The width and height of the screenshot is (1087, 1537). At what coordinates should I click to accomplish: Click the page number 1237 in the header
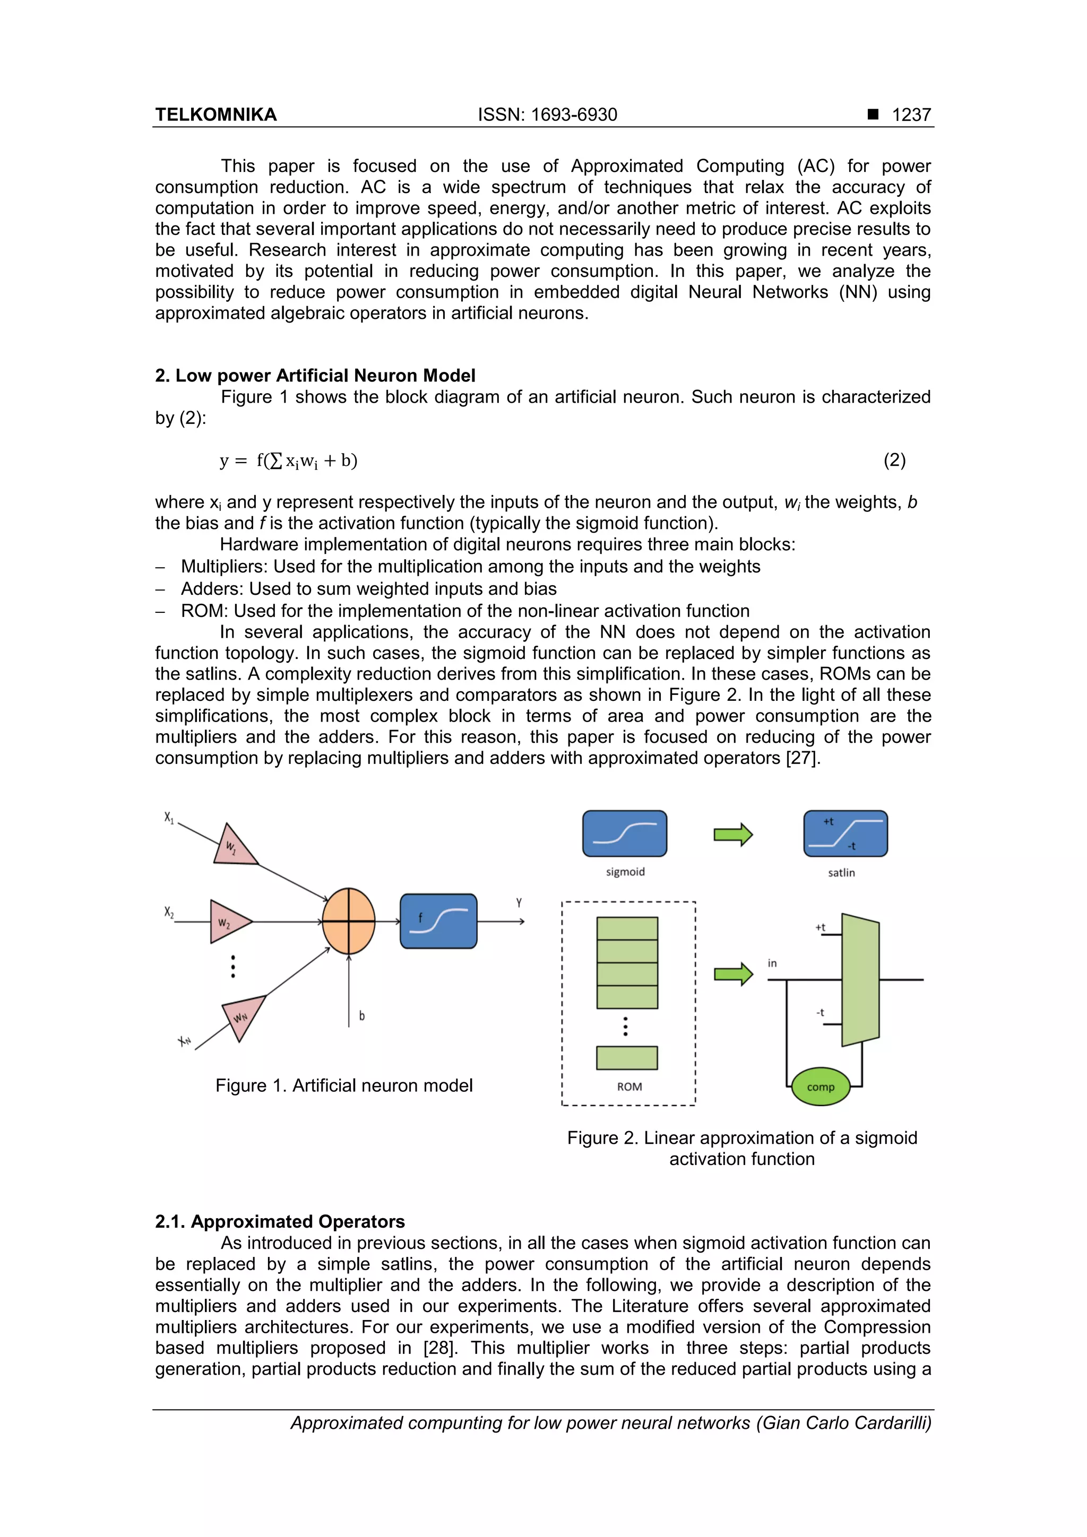point(911,115)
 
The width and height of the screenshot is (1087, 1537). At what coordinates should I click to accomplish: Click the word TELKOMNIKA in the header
point(215,115)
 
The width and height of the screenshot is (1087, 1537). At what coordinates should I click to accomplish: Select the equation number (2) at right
point(894,460)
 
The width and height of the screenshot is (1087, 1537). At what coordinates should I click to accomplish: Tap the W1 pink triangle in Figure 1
point(233,847)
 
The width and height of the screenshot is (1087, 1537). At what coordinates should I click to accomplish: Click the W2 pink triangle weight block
point(227,922)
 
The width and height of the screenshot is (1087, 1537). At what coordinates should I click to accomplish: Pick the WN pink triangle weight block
point(241,1014)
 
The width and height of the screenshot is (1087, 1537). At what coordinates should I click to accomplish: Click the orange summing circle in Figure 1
point(348,921)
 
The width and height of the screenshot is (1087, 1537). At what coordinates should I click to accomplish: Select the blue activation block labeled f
point(439,921)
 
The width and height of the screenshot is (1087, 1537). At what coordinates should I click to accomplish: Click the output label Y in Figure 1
point(519,902)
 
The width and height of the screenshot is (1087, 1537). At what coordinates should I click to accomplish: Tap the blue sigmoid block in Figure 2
point(624,833)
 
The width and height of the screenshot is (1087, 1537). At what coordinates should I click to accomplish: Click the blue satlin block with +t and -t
point(845,833)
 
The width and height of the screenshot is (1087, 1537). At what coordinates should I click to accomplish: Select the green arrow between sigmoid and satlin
point(734,835)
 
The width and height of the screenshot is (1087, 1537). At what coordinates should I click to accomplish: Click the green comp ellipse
point(821,1087)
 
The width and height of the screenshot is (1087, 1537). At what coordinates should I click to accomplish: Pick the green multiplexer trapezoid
point(860,979)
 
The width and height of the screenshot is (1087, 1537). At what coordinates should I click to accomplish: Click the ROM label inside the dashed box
point(629,1087)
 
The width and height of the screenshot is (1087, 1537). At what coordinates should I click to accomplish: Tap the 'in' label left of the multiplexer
point(772,963)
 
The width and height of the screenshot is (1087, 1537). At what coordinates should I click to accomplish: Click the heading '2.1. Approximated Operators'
point(280,1222)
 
